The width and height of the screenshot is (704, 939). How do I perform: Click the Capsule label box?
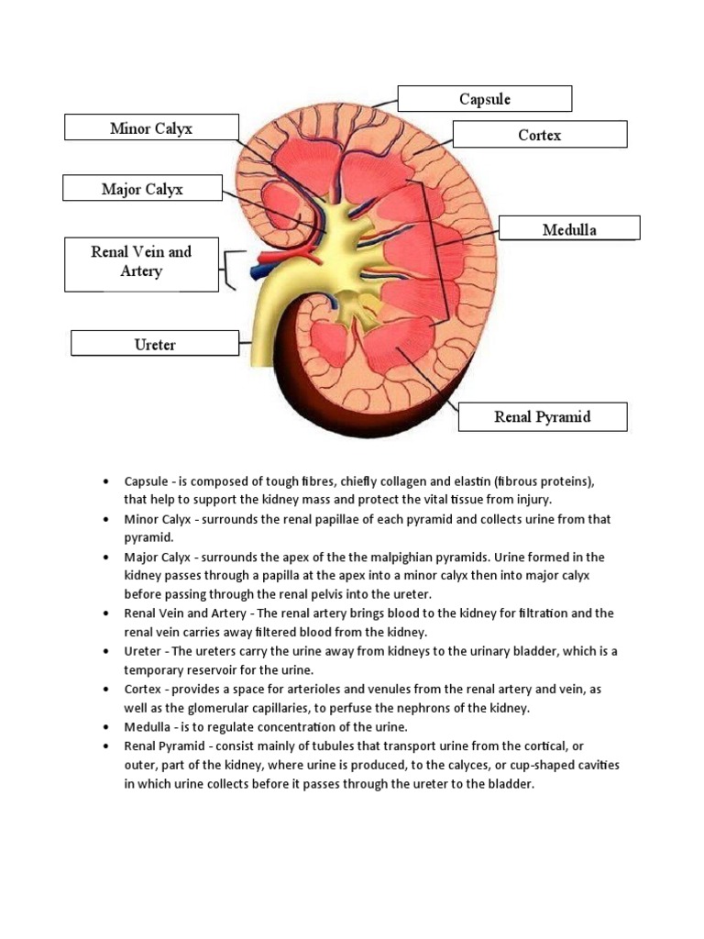484,98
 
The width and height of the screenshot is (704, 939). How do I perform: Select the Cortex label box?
539,135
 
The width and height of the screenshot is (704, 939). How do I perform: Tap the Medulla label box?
568,229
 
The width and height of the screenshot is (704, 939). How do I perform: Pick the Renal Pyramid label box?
542,416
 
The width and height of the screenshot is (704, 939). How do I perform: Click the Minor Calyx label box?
151,127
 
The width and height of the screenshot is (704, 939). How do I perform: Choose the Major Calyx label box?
142,189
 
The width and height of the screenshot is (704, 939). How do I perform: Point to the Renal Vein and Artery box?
141,261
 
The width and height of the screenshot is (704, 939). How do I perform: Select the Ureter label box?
155,345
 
